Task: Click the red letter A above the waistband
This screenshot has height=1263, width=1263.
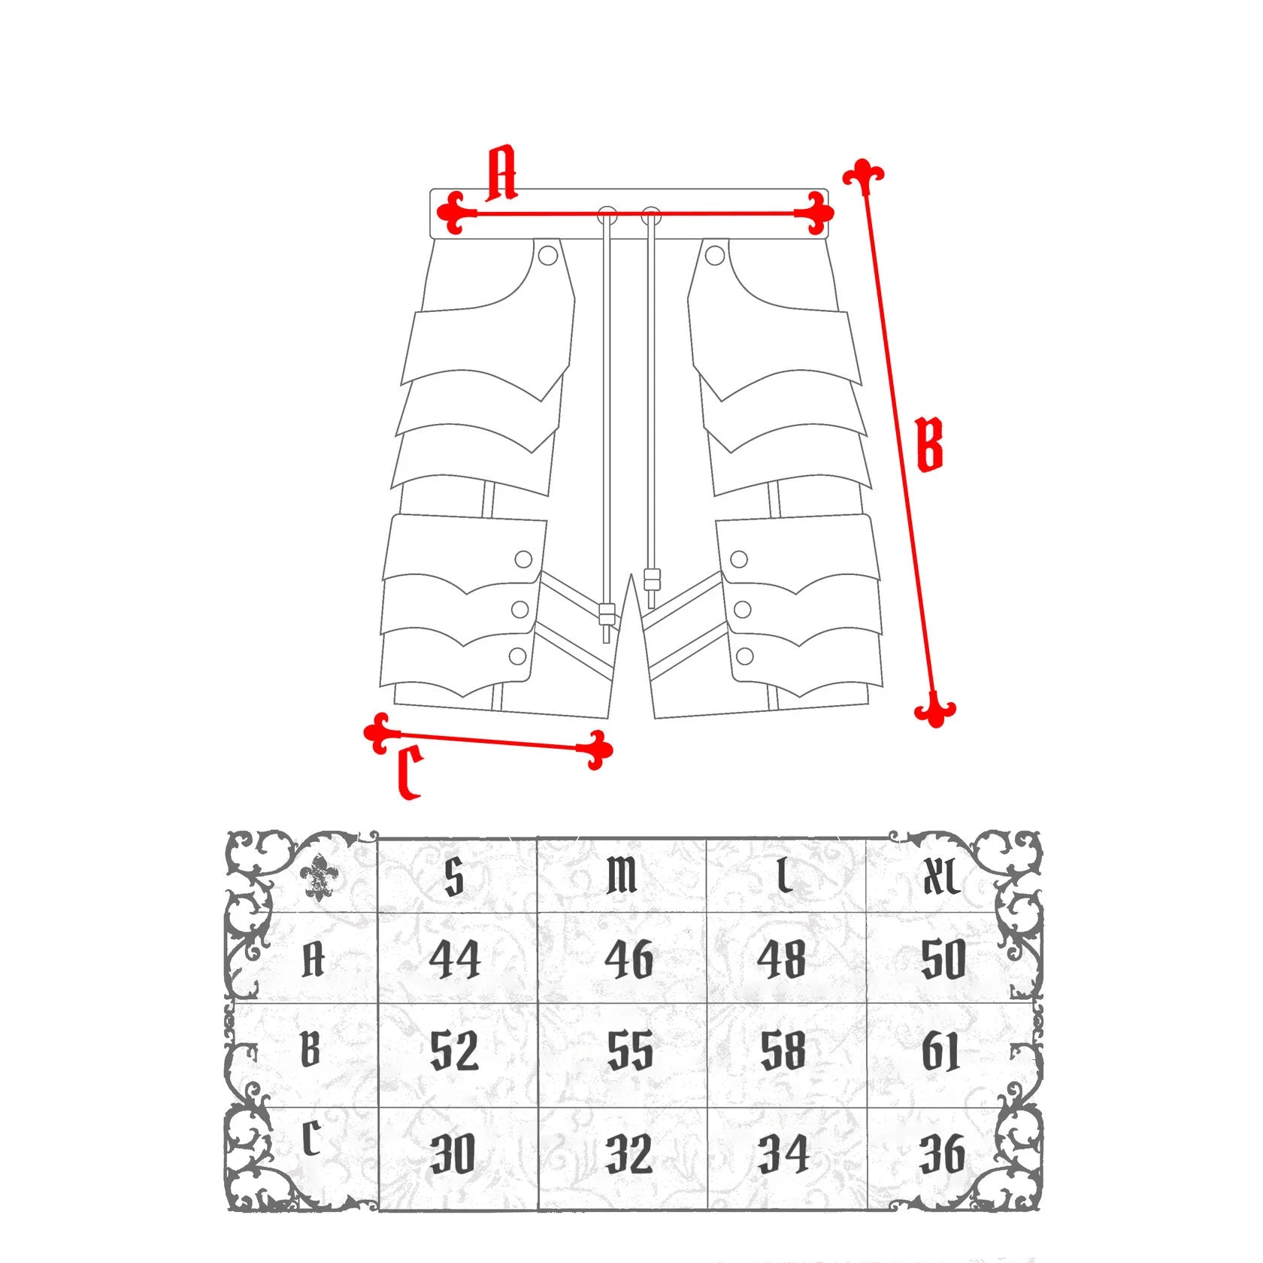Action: coord(502,174)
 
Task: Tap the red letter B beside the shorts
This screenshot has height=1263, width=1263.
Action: coord(930,445)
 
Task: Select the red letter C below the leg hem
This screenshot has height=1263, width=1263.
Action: coord(410,772)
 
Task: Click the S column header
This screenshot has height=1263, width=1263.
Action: coord(454,877)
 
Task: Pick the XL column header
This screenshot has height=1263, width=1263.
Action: coord(940,877)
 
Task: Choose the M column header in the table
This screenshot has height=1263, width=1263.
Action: coord(622,877)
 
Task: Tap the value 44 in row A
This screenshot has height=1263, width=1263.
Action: coord(455,960)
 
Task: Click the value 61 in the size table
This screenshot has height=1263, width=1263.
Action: coord(941,1051)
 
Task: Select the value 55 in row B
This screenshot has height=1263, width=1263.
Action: coord(630,1051)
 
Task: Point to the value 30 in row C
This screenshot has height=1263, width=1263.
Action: coord(453,1154)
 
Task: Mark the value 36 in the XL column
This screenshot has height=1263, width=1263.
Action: coord(942,1154)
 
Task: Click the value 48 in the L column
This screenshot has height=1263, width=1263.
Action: coord(782,960)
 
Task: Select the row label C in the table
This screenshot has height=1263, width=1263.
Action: coord(311,1140)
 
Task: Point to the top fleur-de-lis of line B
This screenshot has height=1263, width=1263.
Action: coord(864,177)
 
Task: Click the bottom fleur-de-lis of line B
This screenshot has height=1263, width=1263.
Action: coord(934,709)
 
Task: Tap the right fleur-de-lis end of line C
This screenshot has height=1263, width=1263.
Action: coord(595,750)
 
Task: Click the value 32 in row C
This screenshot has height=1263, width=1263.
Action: coord(630,1154)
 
